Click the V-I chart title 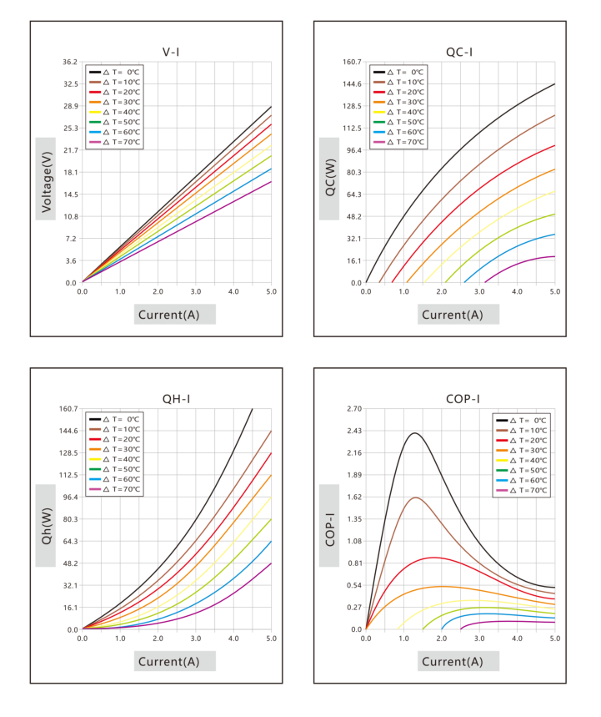171,52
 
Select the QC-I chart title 459,52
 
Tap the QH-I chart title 176,399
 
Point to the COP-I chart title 463,399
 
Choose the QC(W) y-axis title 330,178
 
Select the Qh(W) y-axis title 46,526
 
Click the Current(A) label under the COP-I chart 452,662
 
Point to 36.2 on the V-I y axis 70,62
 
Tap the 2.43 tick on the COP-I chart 354,431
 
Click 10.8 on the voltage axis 70,216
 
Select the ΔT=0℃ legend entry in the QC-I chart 398,73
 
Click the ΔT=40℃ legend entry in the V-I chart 115,112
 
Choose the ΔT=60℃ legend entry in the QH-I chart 115,479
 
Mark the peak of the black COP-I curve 414,433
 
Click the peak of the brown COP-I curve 416,497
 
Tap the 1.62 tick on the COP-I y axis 354,497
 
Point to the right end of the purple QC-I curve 555,256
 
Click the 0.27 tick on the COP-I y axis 354,608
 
